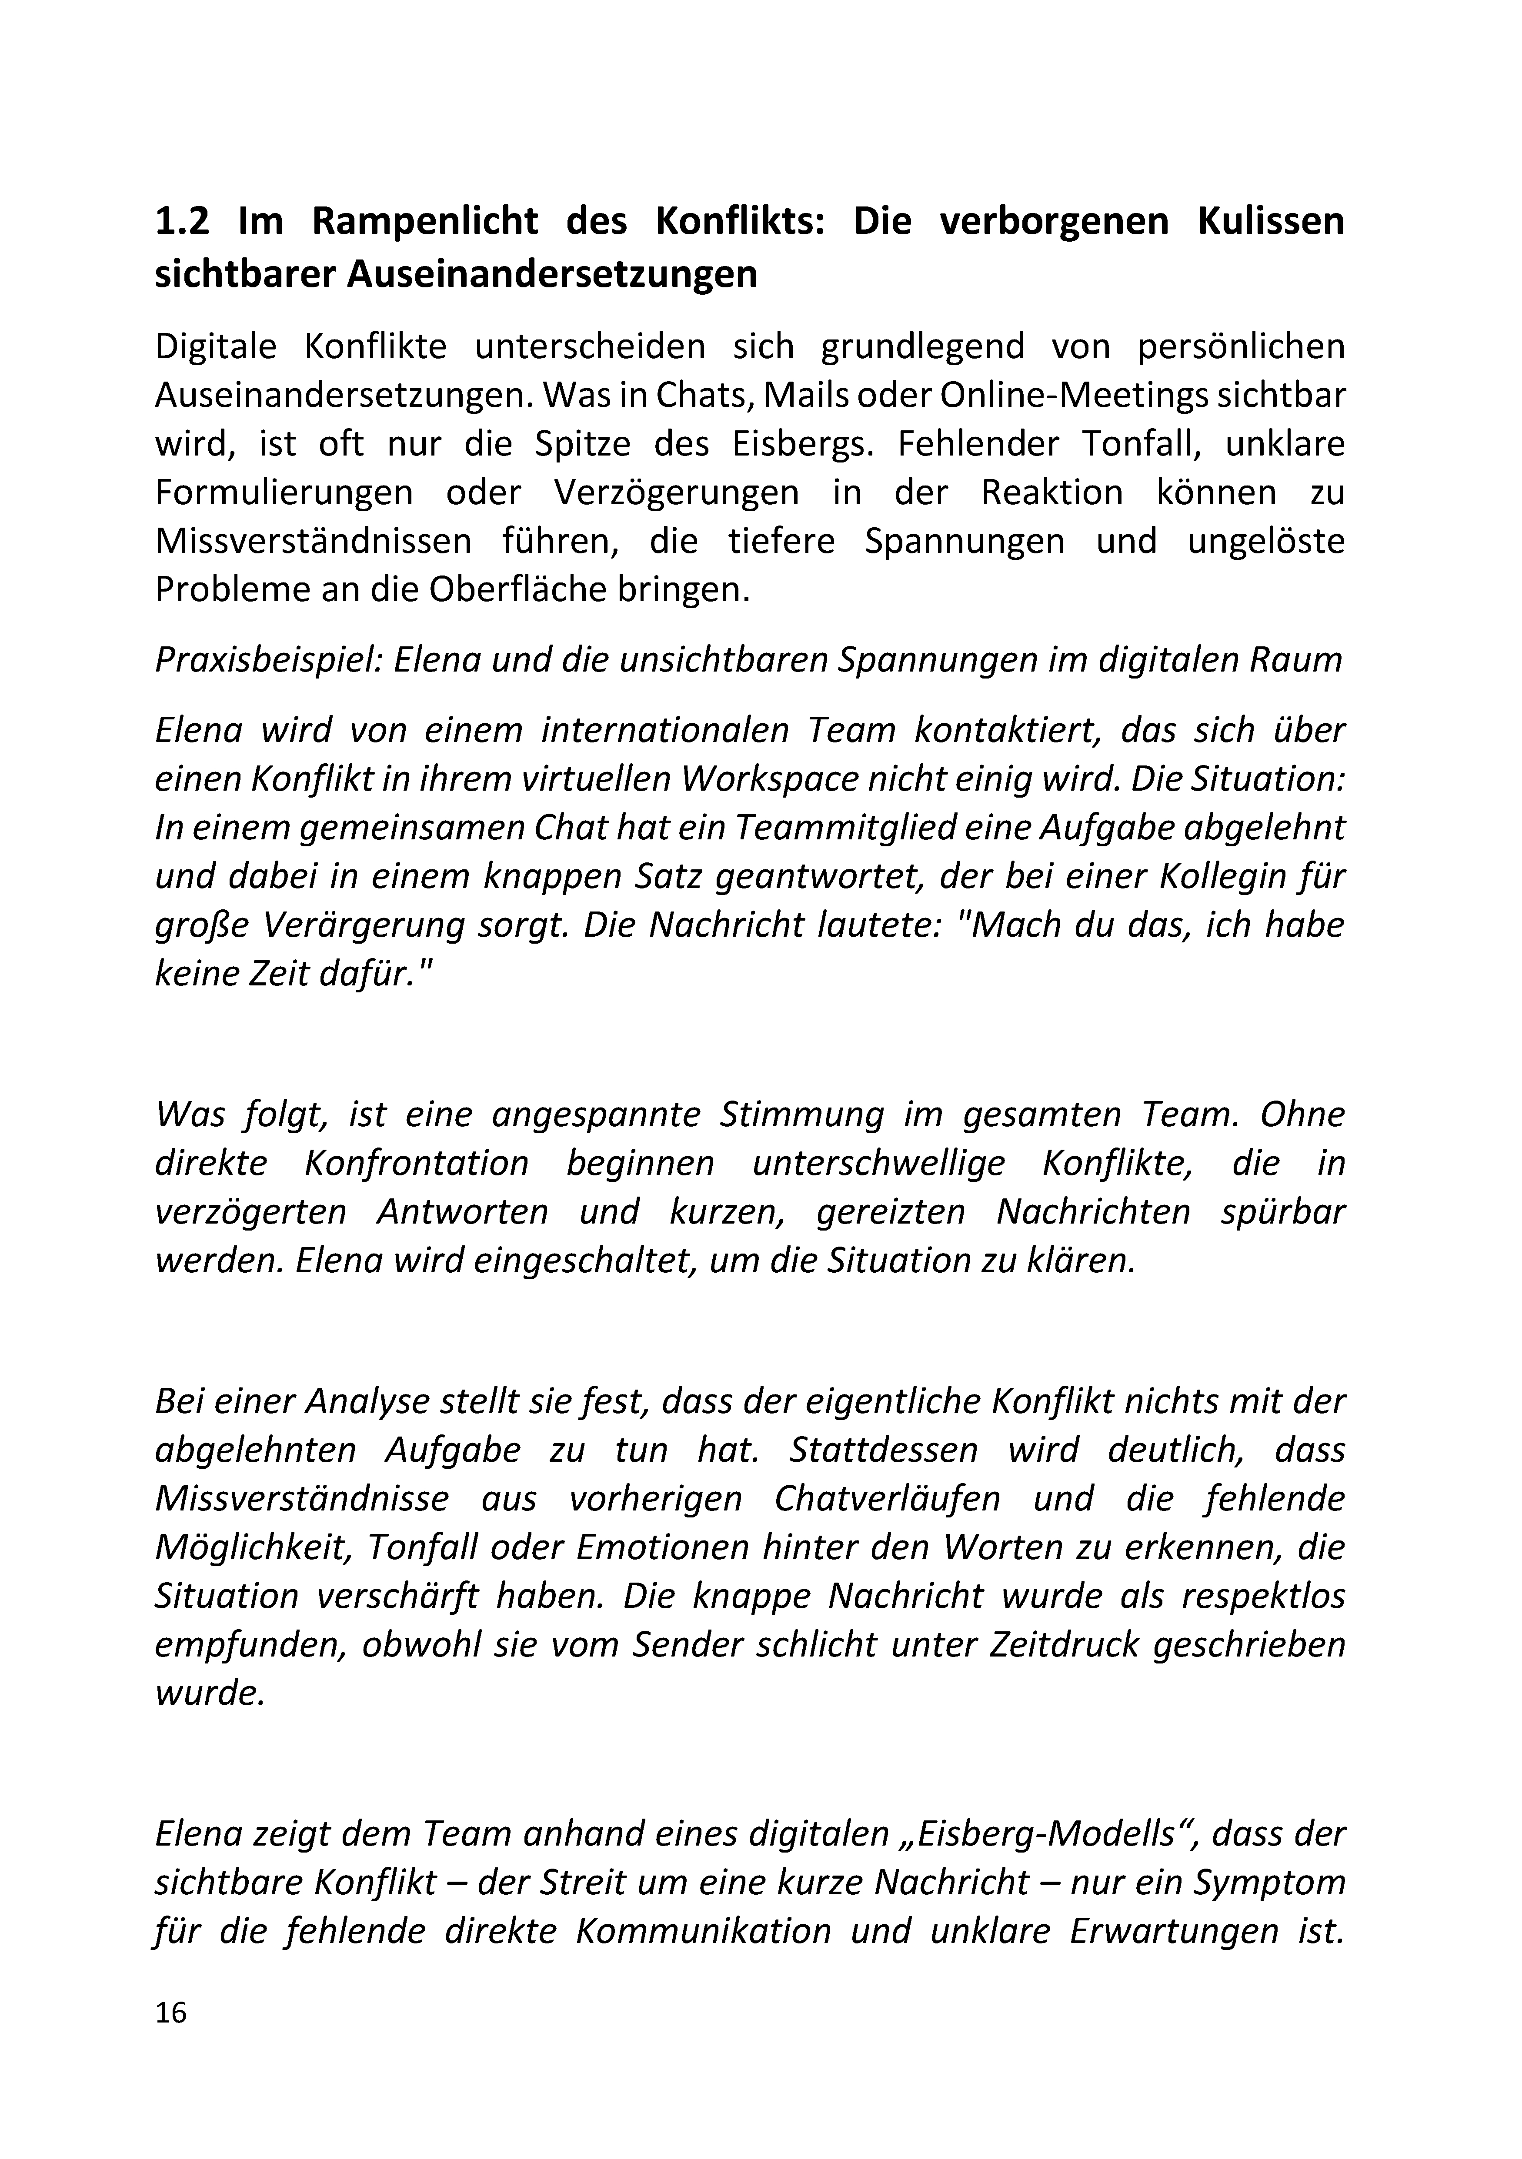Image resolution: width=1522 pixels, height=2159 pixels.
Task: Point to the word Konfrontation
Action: (417, 1163)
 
